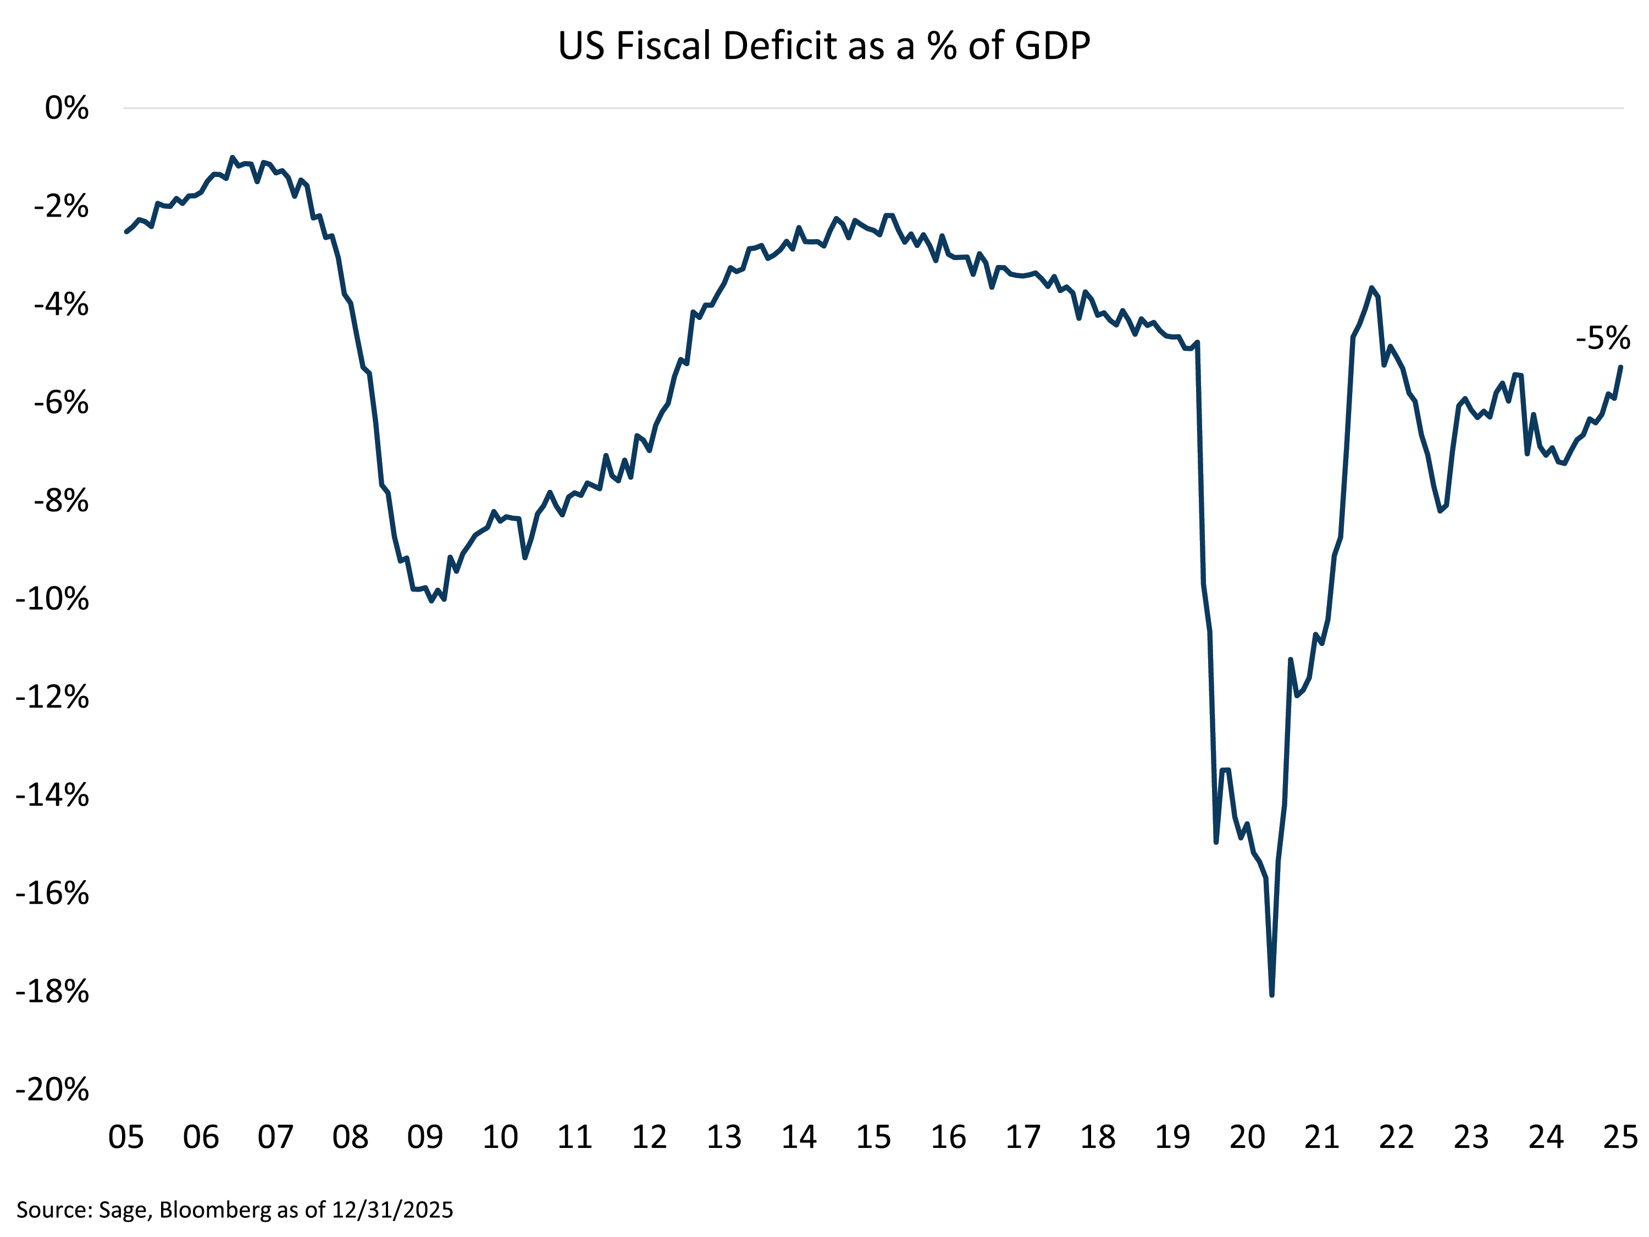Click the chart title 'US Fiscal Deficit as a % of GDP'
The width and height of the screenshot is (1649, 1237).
tap(824, 46)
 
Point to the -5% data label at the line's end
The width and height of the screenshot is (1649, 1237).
tap(1602, 339)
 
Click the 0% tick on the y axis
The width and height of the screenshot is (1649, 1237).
tap(67, 109)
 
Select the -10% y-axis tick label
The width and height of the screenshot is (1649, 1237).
tap(52, 599)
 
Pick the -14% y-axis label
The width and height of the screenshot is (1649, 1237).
tap(52, 796)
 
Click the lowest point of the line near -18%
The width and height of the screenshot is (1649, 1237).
tap(1272, 995)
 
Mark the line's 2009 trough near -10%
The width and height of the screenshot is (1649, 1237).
tap(431, 600)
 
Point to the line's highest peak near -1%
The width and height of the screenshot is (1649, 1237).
tap(233, 157)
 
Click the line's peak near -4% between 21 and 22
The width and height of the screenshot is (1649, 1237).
tap(1371, 288)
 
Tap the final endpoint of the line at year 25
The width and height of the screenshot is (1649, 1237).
tap(1620, 367)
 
